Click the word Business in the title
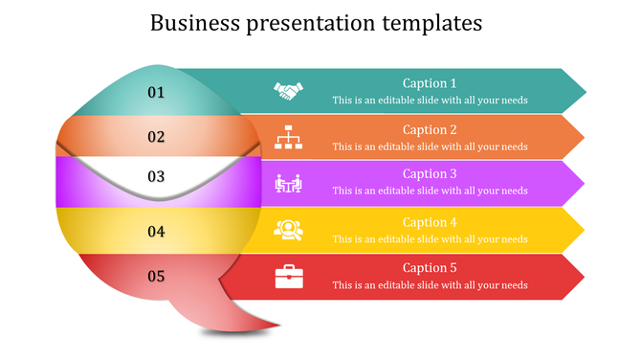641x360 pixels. pyautogui.click(x=193, y=23)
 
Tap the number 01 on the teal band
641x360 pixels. pyautogui.click(x=156, y=92)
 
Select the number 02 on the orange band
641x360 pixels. pyautogui.click(x=156, y=137)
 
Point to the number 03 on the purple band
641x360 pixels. pyautogui.click(x=156, y=177)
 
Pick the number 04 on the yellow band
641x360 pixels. pyautogui.click(x=156, y=231)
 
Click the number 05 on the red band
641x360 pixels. pyautogui.click(x=156, y=277)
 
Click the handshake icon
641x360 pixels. pyautogui.click(x=288, y=91)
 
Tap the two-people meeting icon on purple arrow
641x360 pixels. pyautogui.click(x=288, y=183)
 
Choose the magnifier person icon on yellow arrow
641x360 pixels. pyautogui.click(x=288, y=230)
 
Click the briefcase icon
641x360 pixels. pyautogui.click(x=288, y=277)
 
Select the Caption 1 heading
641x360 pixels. pyautogui.click(x=430, y=83)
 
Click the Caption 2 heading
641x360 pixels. pyautogui.click(x=430, y=130)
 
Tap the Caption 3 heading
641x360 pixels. pyautogui.click(x=430, y=174)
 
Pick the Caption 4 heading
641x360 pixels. pyautogui.click(x=430, y=222)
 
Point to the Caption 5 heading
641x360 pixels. pyautogui.click(x=430, y=268)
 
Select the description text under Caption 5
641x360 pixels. pyautogui.click(x=430, y=285)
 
